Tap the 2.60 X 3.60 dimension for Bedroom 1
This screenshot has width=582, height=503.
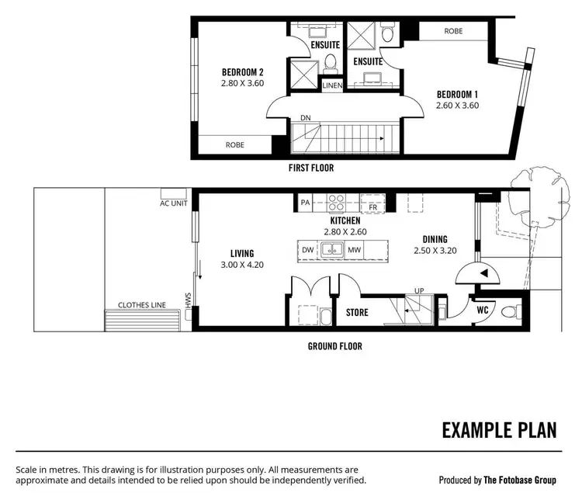pyautogui.click(x=457, y=106)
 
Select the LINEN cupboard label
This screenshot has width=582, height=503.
pyautogui.click(x=331, y=85)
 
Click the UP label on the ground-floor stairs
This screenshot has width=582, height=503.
pyautogui.click(x=420, y=291)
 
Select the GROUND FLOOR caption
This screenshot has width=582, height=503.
pyautogui.click(x=336, y=346)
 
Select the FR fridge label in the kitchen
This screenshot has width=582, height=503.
pyautogui.click(x=373, y=208)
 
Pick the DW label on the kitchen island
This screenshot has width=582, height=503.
pyautogui.click(x=308, y=250)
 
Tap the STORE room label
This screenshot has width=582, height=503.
pyautogui.click(x=357, y=313)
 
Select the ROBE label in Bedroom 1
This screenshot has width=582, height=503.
pyautogui.click(x=454, y=32)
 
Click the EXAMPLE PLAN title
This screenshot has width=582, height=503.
pyautogui.click(x=499, y=430)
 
